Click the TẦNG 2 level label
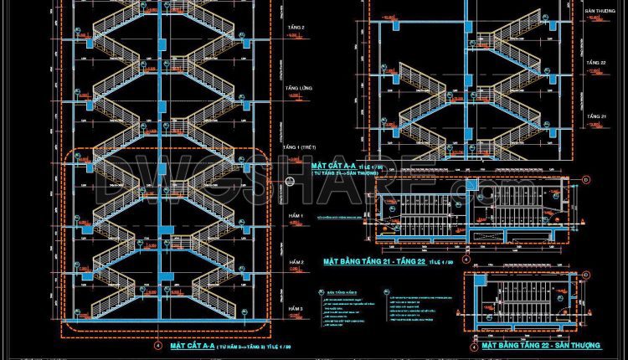tap(297, 28)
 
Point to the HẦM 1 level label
tap(296, 216)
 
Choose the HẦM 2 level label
tap(296, 262)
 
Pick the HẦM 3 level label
tap(296, 309)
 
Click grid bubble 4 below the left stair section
tap(157, 345)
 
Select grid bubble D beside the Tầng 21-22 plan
tap(586, 179)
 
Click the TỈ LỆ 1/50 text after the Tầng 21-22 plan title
tap(441, 263)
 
